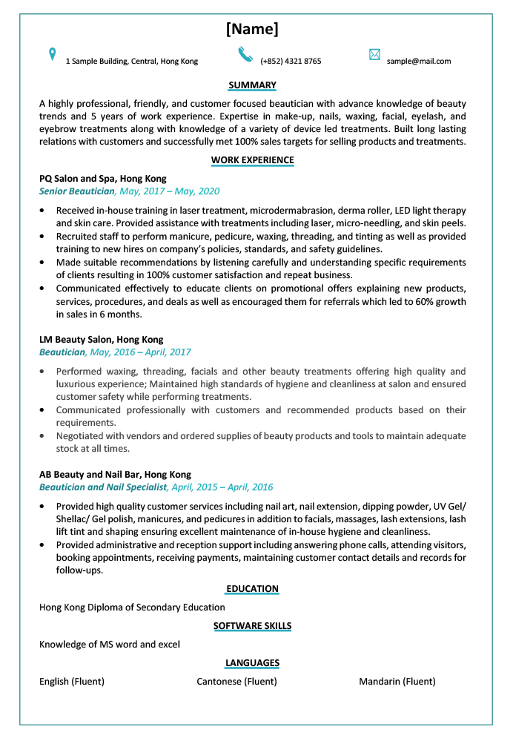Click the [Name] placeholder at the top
[252, 29]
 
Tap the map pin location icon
[52, 54]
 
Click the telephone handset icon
[245, 54]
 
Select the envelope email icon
[374, 54]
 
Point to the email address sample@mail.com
[419, 62]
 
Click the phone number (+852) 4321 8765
[291, 62]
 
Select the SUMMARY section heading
[252, 85]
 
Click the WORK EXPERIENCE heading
[252, 160]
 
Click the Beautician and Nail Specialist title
[103, 487]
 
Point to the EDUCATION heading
[252, 589]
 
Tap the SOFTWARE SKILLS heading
[252, 626]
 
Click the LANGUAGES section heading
[252, 663]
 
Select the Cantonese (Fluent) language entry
[236, 682]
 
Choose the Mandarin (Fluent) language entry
[397, 682]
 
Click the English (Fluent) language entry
[72, 682]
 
